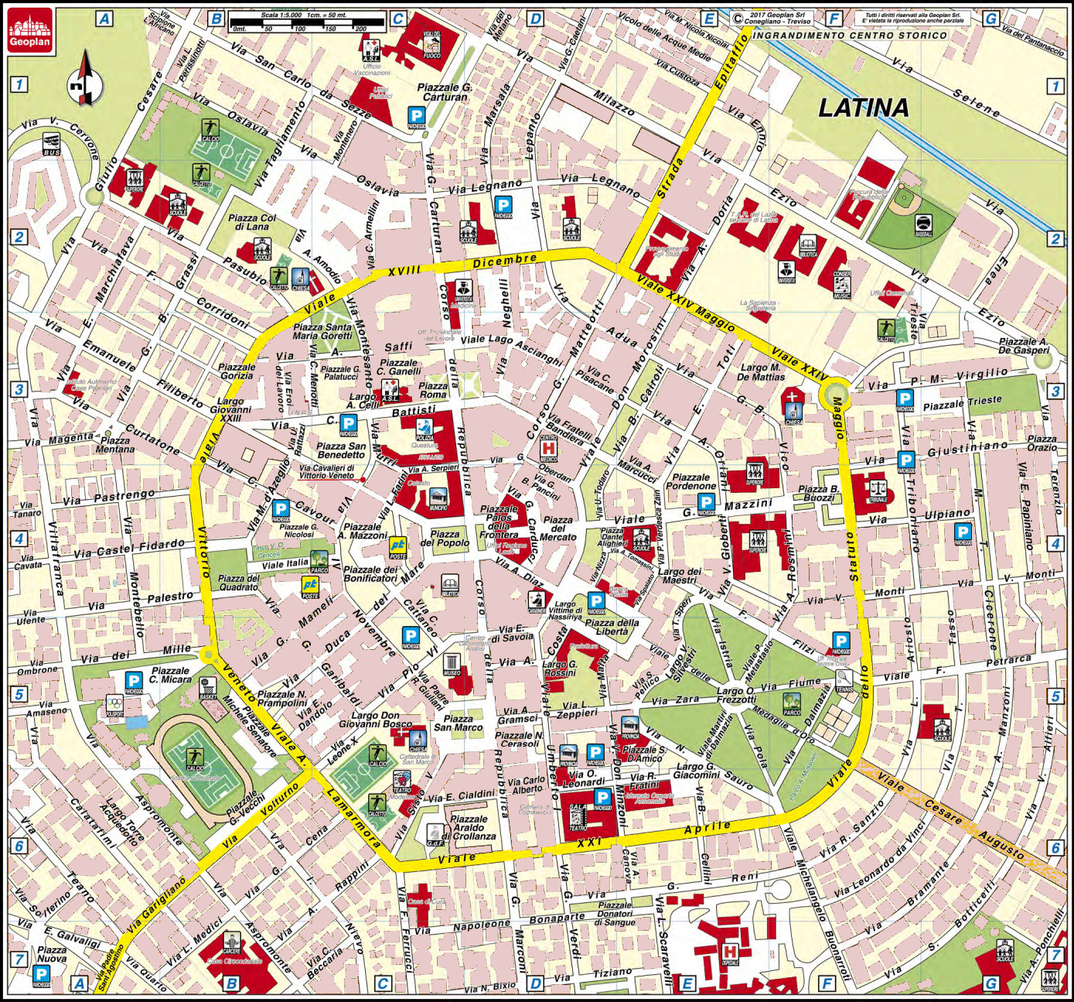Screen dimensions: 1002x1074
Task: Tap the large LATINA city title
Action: point(864,108)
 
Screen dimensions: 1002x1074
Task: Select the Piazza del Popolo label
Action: point(445,539)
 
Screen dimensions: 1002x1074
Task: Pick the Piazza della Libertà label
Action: point(612,628)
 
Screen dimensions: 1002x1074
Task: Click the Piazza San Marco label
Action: point(458,723)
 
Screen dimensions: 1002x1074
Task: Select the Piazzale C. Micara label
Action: point(170,675)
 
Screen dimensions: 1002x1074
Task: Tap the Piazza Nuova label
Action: point(52,954)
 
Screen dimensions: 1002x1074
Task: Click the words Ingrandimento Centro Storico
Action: point(849,35)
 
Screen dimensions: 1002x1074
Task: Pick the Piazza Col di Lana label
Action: point(251,223)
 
